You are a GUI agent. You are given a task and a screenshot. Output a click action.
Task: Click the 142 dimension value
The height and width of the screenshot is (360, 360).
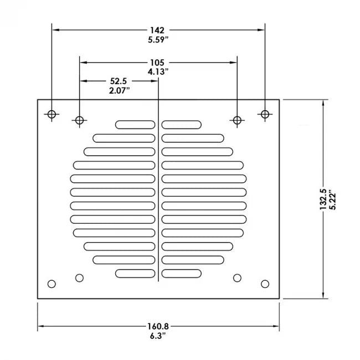click(158, 30)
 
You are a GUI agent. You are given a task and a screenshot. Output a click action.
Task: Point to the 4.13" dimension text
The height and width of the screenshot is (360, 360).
click(158, 71)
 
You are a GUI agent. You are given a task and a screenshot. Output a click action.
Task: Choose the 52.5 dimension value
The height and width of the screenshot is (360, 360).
click(119, 81)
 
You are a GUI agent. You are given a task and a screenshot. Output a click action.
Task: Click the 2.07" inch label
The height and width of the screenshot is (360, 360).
click(119, 90)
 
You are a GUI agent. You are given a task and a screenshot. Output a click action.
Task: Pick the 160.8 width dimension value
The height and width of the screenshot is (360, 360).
click(158, 326)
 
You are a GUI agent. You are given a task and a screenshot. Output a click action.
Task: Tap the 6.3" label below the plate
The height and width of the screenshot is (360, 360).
click(158, 336)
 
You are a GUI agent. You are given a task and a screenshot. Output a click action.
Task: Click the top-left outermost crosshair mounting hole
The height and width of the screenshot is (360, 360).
click(52, 115)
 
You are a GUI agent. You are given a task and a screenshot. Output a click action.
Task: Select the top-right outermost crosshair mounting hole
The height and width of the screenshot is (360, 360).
click(265, 115)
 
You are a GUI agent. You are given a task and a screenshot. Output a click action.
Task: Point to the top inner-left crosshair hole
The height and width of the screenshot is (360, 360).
click(79, 120)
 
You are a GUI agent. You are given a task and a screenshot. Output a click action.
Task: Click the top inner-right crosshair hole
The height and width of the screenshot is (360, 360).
click(237, 120)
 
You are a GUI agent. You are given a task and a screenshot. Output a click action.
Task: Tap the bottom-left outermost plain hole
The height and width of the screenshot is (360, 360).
click(52, 284)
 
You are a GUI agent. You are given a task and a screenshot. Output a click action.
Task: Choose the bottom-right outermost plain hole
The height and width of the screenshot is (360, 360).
click(265, 284)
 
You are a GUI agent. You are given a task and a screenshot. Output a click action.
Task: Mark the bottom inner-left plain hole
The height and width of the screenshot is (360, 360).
click(79, 277)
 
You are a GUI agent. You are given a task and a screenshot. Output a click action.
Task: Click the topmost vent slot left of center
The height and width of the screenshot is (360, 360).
click(135, 125)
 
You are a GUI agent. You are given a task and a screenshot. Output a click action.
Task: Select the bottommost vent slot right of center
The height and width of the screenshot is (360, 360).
click(182, 273)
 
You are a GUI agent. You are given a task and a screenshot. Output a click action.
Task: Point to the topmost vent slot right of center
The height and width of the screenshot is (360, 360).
click(182, 125)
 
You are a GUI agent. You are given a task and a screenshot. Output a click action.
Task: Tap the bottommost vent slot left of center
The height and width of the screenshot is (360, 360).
click(135, 273)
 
